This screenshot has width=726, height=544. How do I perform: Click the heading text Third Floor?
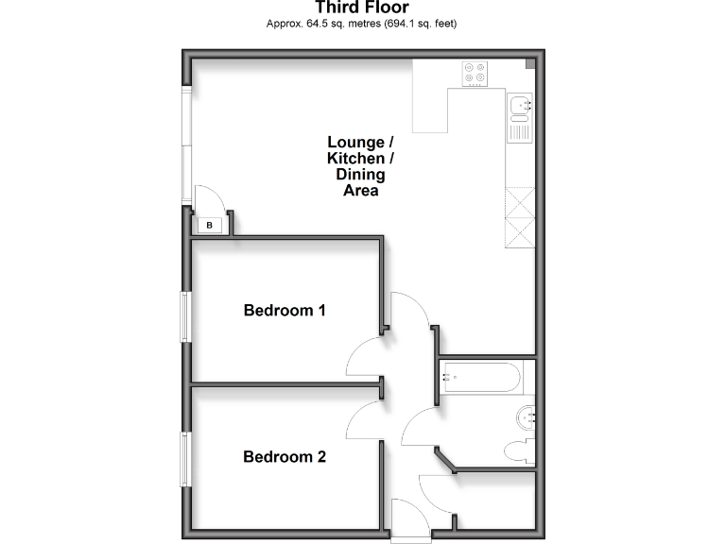(362, 8)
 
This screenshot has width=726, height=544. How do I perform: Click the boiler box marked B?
(210, 225)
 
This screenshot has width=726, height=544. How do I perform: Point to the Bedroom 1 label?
(285, 310)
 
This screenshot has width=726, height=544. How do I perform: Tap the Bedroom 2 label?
(285, 457)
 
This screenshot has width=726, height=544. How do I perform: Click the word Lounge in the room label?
(355, 143)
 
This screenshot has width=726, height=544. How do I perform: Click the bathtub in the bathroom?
(480, 379)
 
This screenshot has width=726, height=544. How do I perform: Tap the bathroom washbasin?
(528, 414)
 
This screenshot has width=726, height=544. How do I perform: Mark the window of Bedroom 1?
(187, 315)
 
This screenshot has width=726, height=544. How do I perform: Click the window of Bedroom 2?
(187, 459)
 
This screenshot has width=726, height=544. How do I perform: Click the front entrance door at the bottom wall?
(407, 518)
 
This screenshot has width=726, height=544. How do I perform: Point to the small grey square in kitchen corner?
(529, 65)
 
